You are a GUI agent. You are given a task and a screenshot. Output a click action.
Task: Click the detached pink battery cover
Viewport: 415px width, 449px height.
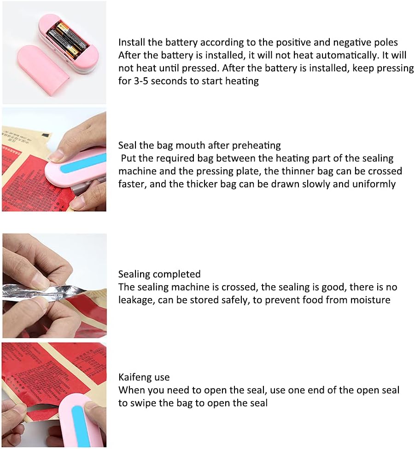[x=44, y=69]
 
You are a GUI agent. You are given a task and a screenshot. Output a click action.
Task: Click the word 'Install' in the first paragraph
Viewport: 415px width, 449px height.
[x=132, y=42]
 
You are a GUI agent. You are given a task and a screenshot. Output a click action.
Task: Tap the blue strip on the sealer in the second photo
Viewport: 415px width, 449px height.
[x=83, y=163]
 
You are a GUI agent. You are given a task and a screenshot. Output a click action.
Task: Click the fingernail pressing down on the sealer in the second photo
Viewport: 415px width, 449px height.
[x=56, y=155]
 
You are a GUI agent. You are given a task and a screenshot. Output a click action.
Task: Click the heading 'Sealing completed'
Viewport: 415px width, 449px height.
[x=159, y=274]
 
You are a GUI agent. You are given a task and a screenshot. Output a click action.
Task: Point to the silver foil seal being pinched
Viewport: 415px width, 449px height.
[x=43, y=294]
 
